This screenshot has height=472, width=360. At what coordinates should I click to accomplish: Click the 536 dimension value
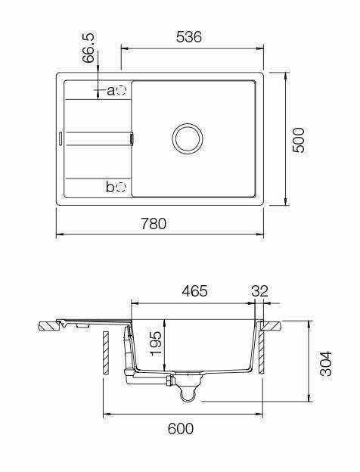189,37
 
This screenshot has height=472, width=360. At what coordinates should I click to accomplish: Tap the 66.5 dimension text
88,48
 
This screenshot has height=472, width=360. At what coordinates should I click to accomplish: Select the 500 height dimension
299,140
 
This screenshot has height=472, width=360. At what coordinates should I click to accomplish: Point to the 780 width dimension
154,224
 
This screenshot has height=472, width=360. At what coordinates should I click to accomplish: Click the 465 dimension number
194,291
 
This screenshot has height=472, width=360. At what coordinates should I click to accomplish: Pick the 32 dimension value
259,291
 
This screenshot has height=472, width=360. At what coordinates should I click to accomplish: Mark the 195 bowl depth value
156,343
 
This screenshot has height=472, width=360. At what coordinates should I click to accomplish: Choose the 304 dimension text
326,363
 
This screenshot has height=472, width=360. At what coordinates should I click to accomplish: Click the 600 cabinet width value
181,429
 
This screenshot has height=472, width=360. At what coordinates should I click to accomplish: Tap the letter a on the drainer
111,91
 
